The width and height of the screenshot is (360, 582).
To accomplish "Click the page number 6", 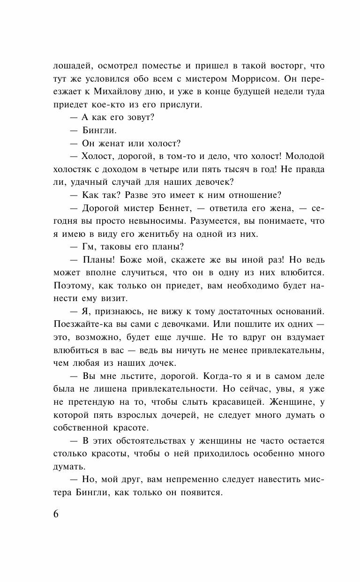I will click(x=56, y=514).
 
